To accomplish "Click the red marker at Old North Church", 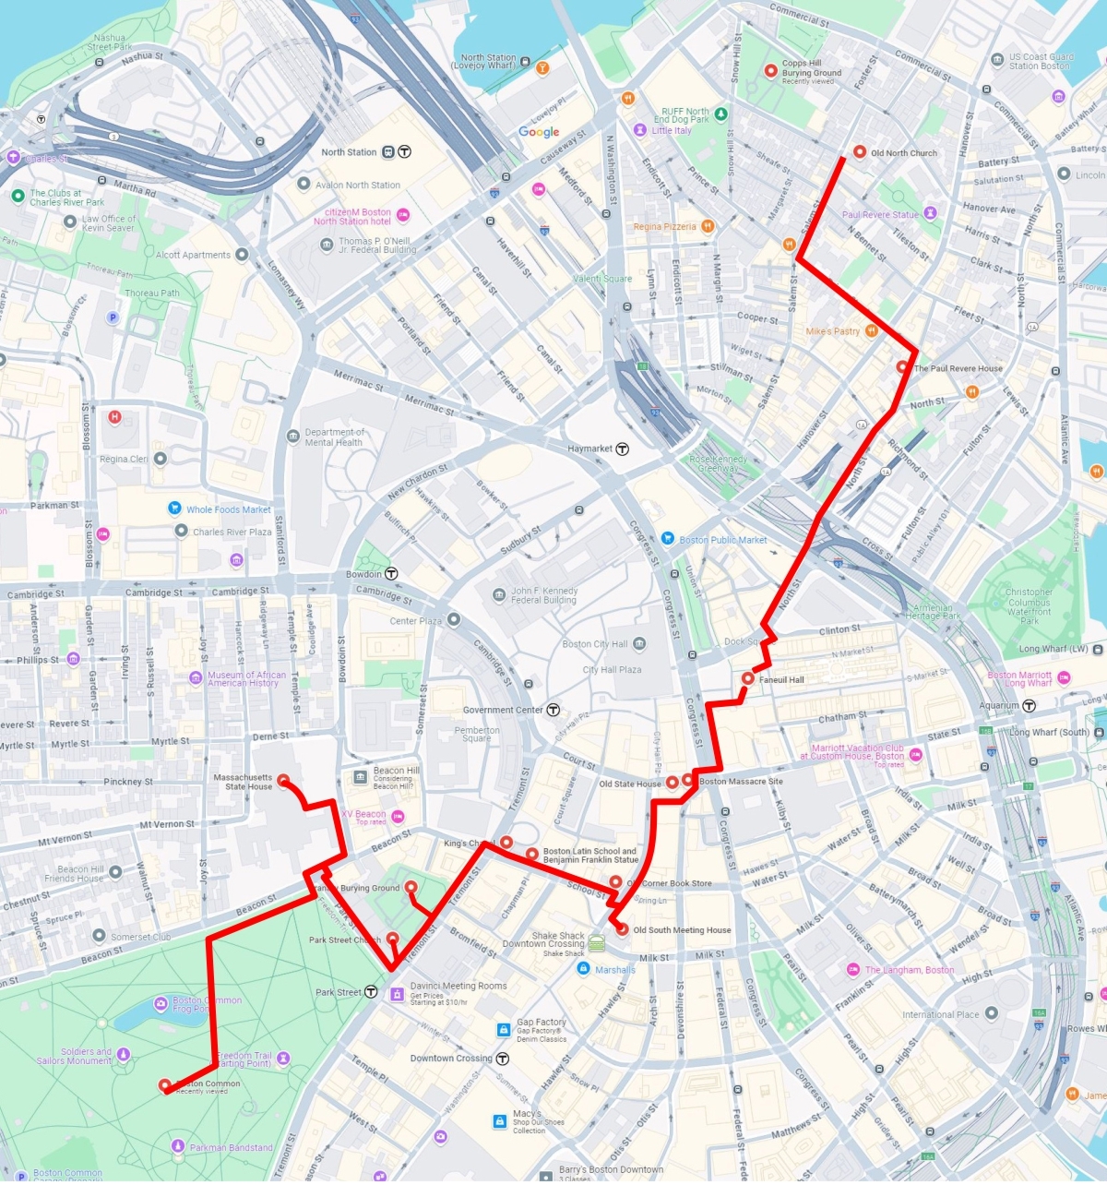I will click(860, 152).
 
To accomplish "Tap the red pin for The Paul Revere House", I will click(902, 367).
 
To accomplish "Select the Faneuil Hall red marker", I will click(747, 678).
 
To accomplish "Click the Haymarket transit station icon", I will click(623, 449).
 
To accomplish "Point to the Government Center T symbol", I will click(553, 710).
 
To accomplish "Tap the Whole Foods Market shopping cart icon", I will click(174, 509).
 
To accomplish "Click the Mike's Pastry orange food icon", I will click(870, 330).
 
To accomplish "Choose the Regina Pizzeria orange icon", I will click(708, 226).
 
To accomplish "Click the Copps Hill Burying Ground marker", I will click(770, 71).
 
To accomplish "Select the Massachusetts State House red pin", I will click(283, 780).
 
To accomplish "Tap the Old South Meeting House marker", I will click(623, 929).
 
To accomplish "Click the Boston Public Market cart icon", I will click(668, 539).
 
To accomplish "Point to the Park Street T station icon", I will click(371, 992).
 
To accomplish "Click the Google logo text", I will click(539, 132).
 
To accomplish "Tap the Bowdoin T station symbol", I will click(391, 574).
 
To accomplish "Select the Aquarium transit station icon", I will click(1029, 705).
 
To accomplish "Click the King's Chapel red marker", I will click(506, 842).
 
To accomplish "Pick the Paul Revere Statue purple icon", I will click(930, 214).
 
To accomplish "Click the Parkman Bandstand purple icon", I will click(178, 1146).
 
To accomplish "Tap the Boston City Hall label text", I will click(595, 644).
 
